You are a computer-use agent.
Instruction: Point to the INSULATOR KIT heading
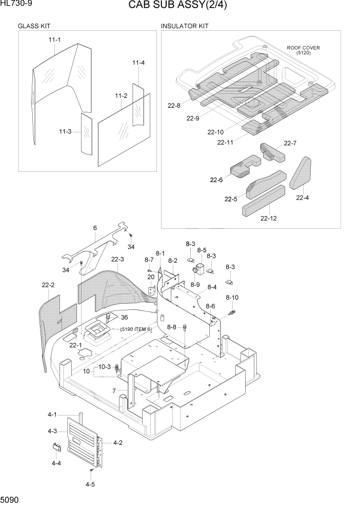185,26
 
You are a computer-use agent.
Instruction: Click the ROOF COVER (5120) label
303,50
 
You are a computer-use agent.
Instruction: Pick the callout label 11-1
54,40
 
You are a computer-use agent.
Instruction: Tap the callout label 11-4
138,63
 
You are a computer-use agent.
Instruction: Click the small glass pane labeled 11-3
86,133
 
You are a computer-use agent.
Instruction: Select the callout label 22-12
268,218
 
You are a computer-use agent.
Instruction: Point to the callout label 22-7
290,143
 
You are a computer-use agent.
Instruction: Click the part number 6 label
95,228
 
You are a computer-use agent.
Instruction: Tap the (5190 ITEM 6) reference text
136,329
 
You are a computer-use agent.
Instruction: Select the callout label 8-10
232,298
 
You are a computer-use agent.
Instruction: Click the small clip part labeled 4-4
56,447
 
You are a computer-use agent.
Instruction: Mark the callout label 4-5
90,484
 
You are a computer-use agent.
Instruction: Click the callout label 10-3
105,366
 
